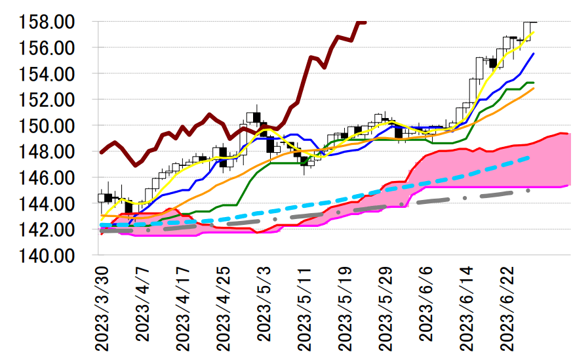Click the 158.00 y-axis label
pos(47,22)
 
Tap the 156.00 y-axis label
pos(47,49)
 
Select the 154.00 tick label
pos(47,74)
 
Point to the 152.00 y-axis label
pos(47,100)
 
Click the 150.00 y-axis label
pos(47,126)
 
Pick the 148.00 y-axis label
pos(47,152)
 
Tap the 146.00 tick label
pos(47,178)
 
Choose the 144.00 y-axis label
pos(47,204)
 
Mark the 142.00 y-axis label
pos(47,230)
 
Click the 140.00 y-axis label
pos(47,256)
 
